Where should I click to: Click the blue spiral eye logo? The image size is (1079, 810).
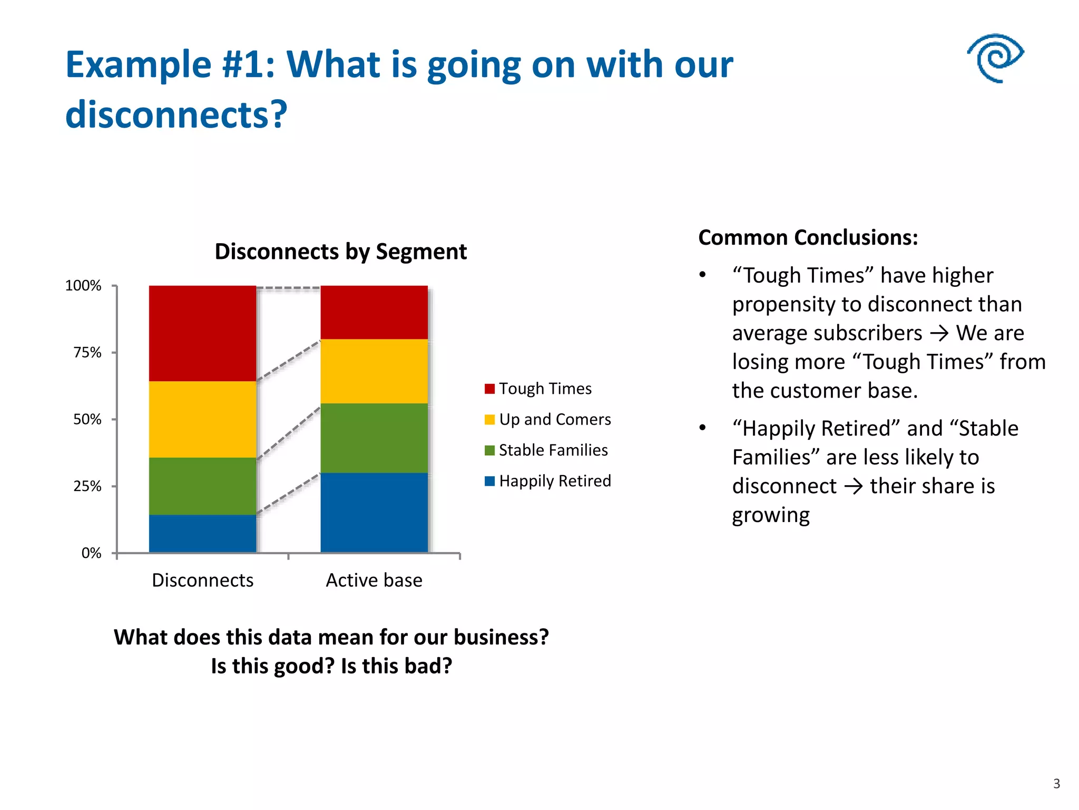[x=995, y=58]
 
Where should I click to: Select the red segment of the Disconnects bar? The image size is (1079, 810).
[x=202, y=333]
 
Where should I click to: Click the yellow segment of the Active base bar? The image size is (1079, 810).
[x=374, y=371]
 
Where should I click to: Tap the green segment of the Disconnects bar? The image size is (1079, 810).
[x=202, y=486]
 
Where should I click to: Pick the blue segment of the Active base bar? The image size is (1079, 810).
[x=374, y=512]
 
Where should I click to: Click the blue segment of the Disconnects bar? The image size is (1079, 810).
[x=202, y=533]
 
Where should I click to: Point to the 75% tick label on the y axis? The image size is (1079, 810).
[x=87, y=352]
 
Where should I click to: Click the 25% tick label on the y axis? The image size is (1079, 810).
[x=87, y=486]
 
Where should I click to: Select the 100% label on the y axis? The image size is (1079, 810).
[x=83, y=286]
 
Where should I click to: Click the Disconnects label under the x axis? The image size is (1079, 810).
[x=202, y=580]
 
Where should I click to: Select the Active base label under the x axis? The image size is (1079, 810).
[x=374, y=580]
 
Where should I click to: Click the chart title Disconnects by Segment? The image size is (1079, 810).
[x=340, y=252]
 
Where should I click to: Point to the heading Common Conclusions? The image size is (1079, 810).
[x=808, y=237]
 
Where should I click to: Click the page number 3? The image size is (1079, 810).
[x=1056, y=784]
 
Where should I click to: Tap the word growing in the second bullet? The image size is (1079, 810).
[x=770, y=515]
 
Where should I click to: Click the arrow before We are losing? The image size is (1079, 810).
[x=939, y=333]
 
